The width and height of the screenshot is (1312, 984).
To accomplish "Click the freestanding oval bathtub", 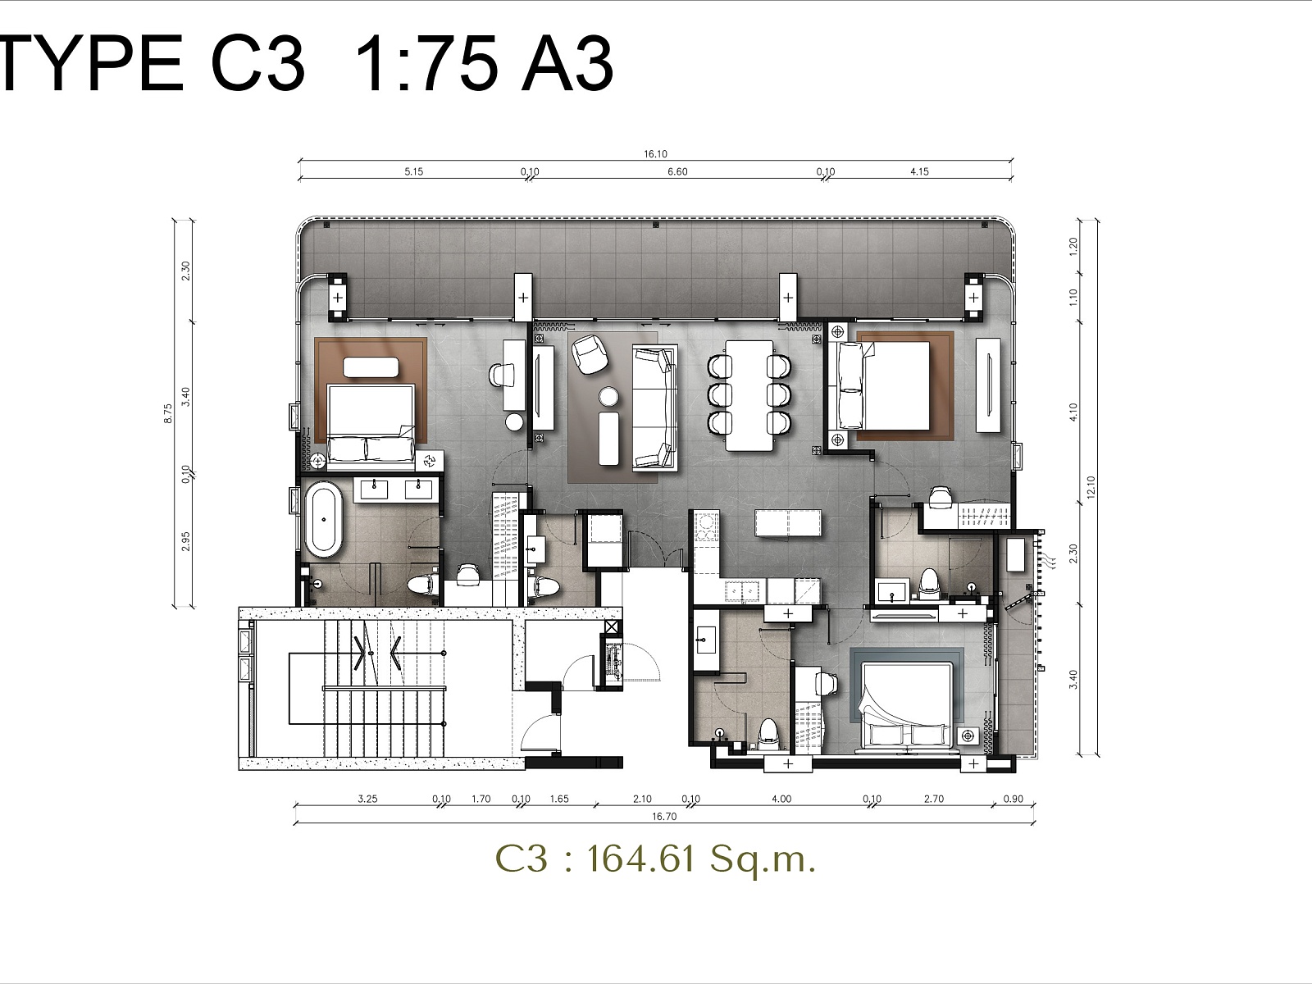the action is tap(323, 520).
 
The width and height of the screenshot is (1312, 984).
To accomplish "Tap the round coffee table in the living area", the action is tap(608, 397).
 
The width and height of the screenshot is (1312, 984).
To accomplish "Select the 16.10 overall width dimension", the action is tap(655, 154).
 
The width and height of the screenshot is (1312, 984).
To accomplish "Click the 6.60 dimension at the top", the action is tap(677, 171).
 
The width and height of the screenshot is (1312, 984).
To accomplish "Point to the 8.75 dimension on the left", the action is tap(168, 413).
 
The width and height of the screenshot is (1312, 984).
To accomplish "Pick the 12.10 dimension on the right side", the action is tap(1091, 487).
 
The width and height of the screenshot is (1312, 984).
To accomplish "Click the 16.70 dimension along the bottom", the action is tap(664, 816).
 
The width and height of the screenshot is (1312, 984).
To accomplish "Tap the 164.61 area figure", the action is tap(640, 859).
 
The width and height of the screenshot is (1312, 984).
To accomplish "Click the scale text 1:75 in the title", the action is tap(426, 63).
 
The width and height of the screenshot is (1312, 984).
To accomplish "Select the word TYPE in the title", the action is tap(89, 63).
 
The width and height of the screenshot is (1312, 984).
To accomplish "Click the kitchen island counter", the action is tap(788, 523).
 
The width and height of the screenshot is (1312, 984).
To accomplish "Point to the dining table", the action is tap(749, 396).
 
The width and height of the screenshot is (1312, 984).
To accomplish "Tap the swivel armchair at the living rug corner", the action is tap(590, 354).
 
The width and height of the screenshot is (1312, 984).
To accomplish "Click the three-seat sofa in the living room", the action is tap(654, 408).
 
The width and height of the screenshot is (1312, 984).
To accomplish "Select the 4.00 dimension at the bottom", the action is tap(781, 799).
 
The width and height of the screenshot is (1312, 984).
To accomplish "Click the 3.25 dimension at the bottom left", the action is tap(367, 799).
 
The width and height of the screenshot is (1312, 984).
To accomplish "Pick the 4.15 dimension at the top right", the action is tap(919, 171).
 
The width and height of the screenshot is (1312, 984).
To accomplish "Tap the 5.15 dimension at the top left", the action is tap(413, 171).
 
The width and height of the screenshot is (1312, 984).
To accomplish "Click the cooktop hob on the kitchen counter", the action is tap(706, 527).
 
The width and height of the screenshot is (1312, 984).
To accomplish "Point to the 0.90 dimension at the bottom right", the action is tap(1014, 799).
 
